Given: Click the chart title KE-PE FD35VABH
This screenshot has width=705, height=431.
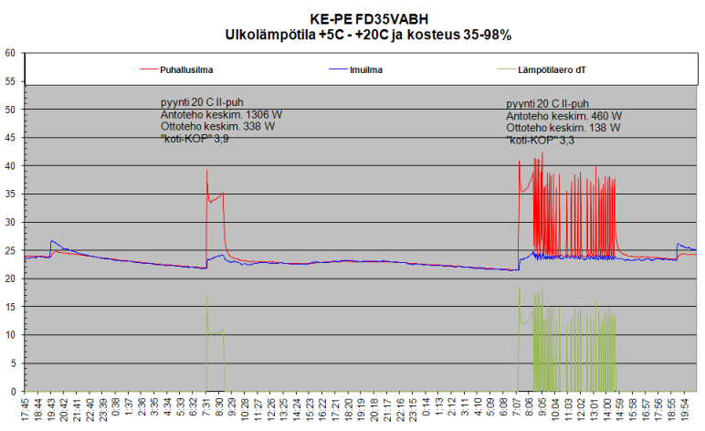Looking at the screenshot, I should click(x=368, y=19).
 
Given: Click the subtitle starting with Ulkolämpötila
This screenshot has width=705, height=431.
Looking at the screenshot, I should click(x=368, y=35).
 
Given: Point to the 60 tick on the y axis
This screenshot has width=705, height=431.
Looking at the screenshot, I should click(x=11, y=53).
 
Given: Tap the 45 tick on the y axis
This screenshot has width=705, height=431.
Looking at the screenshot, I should click(x=11, y=138).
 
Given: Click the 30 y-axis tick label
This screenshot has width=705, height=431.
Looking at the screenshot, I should click(x=11, y=223).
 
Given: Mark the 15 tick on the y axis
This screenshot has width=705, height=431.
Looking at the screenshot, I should click(x=11, y=308).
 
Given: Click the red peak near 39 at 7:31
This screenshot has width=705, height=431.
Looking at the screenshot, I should click(x=207, y=171).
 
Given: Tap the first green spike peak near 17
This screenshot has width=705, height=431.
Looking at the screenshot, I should click(x=207, y=297).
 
